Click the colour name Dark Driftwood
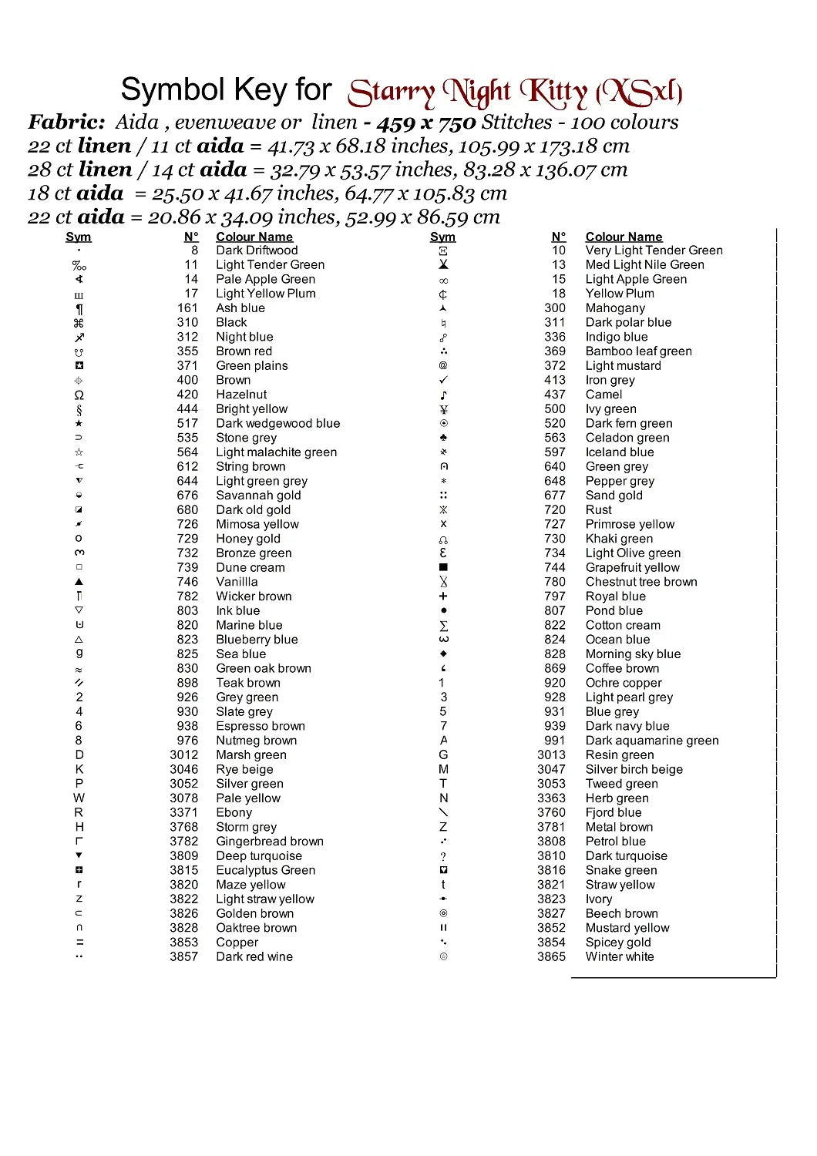tap(257, 250)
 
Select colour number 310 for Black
tap(187, 322)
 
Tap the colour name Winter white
tap(619, 956)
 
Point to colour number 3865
tap(551, 956)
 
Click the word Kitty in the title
tap(553, 93)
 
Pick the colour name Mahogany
tap(615, 308)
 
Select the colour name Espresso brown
tap(261, 726)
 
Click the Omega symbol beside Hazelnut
tap(79, 395)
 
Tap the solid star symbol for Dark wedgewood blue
tap(79, 423)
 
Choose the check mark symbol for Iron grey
tap(443, 380)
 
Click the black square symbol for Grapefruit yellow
tap(443, 567)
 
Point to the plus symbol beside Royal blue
tap(443, 596)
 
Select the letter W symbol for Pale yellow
tap(79, 798)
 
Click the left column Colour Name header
tap(254, 237)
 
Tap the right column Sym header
tap(442, 237)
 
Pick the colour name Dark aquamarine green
tap(652, 741)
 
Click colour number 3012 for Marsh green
tap(184, 754)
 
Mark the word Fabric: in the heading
tap(67, 122)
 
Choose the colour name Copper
tap(237, 942)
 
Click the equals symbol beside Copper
tap(79, 942)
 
